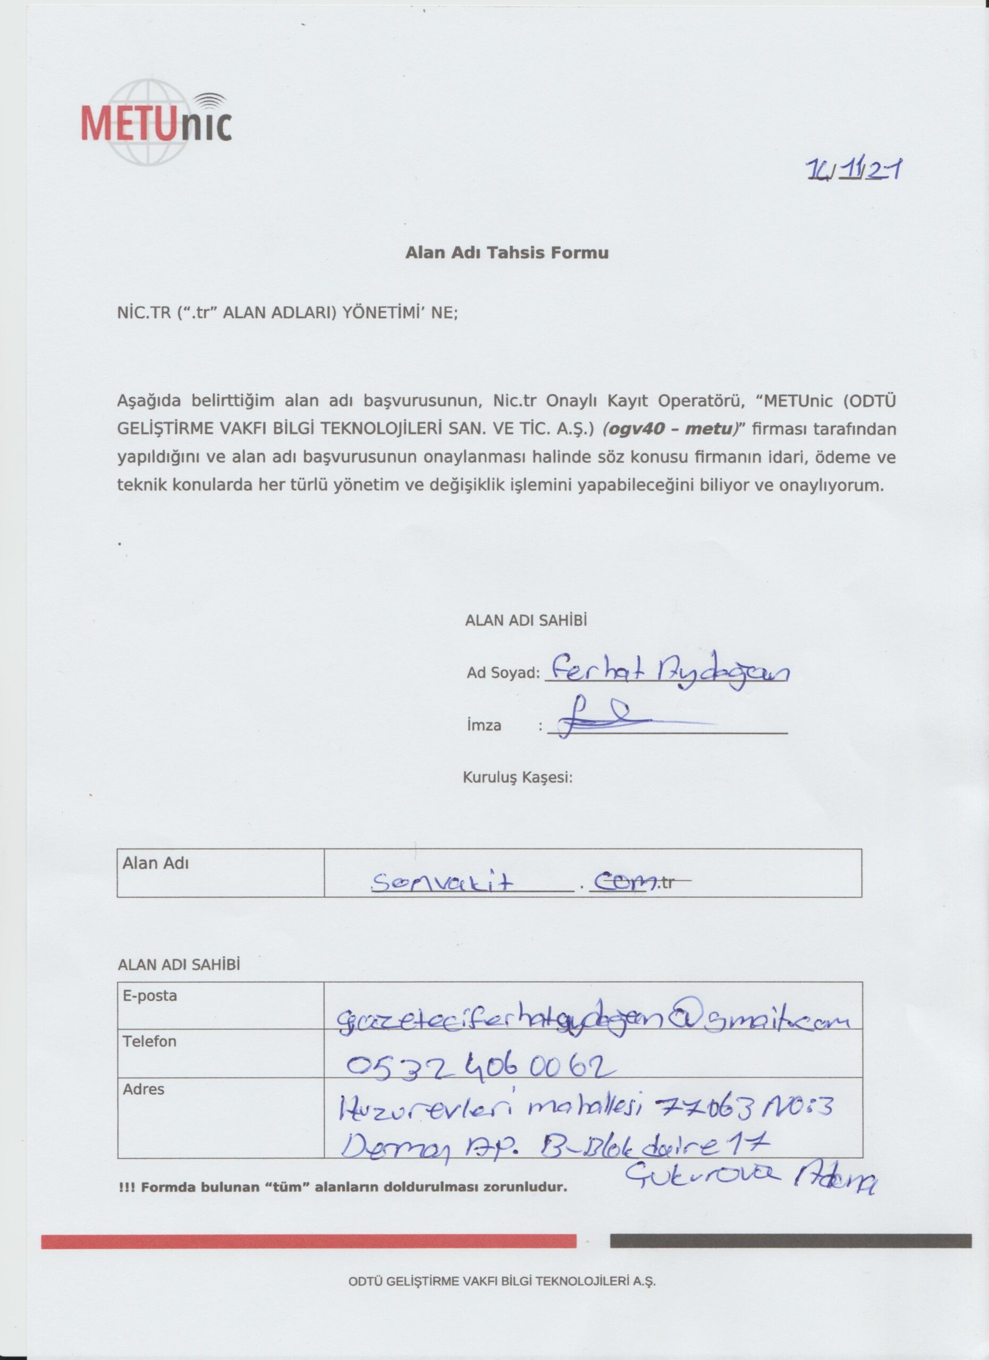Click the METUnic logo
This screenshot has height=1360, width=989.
(156, 122)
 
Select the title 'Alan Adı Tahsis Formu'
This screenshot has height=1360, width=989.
(507, 252)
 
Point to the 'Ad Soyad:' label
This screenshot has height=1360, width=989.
(503, 673)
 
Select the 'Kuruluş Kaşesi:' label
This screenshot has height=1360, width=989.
(518, 778)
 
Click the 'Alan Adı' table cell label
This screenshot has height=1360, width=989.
(155, 863)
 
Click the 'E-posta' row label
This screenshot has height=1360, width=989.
(150, 996)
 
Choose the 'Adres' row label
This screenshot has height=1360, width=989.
(143, 1089)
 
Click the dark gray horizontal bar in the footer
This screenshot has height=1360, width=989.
(790, 1240)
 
